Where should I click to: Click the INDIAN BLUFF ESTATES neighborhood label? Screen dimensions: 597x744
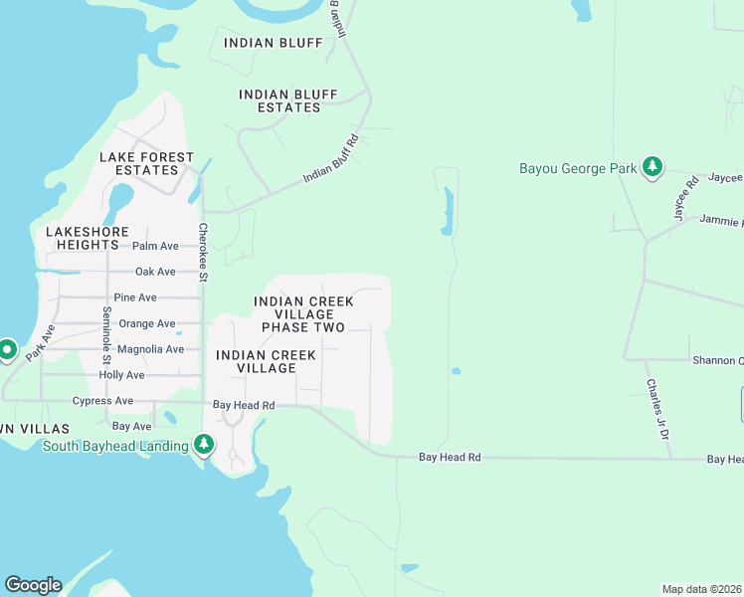click(x=279, y=100)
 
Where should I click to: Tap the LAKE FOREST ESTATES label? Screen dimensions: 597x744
click(x=138, y=164)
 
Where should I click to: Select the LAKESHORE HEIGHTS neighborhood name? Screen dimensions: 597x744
click(x=88, y=238)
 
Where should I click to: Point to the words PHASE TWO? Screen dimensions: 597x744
click(x=303, y=327)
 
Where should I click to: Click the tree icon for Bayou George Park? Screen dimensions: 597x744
click(x=652, y=168)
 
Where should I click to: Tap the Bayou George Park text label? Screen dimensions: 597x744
click(x=578, y=168)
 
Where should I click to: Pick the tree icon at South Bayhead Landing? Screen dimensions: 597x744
click(x=204, y=444)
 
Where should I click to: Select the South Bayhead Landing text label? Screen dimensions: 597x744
click(x=115, y=446)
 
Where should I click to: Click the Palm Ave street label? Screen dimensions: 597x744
click(x=155, y=246)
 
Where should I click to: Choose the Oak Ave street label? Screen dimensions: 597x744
click(x=155, y=272)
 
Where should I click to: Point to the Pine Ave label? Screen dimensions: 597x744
click(x=135, y=298)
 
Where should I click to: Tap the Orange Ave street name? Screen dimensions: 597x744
click(x=147, y=323)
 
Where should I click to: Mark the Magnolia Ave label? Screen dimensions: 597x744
click(x=150, y=349)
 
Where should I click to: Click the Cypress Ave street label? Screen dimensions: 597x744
click(x=102, y=401)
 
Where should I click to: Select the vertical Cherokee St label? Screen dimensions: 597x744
click(x=202, y=252)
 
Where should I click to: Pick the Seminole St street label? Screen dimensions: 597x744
click(x=106, y=335)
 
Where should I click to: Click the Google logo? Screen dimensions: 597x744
click(x=33, y=585)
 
